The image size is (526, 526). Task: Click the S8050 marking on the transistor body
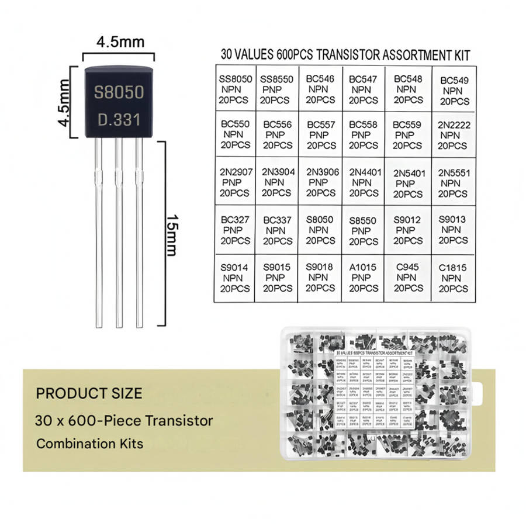coord(119,93)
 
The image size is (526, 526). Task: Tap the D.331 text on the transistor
coord(119,120)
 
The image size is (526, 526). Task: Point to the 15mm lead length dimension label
coord(172,234)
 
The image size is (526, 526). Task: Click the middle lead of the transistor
coord(119,234)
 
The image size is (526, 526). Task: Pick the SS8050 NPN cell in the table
coord(234,89)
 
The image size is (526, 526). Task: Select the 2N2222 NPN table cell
coord(454,135)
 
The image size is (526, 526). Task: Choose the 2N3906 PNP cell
coord(321,182)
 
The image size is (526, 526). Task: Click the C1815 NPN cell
coord(454,278)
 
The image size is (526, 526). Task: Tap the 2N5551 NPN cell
coord(454,183)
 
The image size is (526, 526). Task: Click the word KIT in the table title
coord(459,56)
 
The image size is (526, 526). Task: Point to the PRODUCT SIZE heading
coord(89,393)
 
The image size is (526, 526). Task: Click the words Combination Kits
coord(89,444)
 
